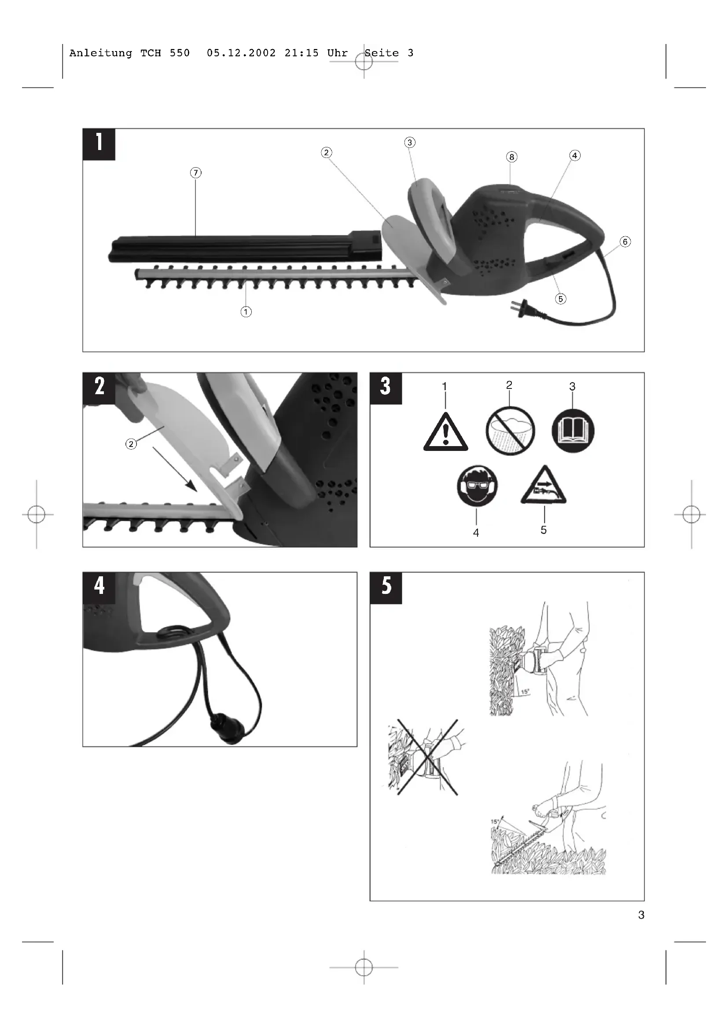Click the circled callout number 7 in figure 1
195,172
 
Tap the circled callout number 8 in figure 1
511,157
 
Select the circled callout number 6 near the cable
625,242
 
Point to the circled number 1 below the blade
246,311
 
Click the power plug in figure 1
524,309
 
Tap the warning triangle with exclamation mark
445,432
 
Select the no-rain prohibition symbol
510,431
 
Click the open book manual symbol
573,431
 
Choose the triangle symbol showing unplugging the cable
544,486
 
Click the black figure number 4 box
99,588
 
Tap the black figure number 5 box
386,588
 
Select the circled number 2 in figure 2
131,444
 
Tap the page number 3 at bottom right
641,915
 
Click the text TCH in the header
151,53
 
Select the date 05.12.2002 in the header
241,53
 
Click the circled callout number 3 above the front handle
410,143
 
